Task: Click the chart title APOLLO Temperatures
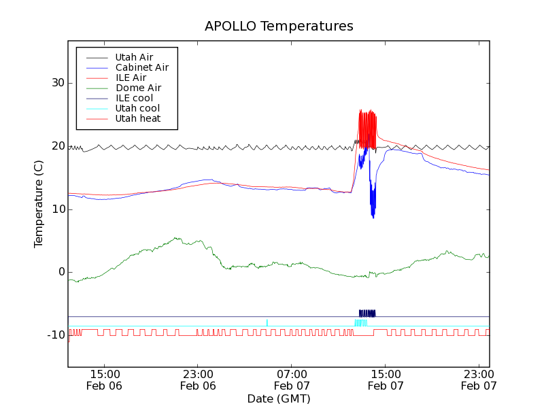tap(279, 27)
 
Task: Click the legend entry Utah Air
tap(134, 57)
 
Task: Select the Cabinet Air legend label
tap(141, 67)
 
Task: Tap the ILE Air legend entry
tap(131, 78)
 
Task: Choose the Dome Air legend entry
tap(138, 88)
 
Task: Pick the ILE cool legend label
tap(134, 98)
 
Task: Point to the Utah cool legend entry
tap(137, 108)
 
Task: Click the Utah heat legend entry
tap(138, 118)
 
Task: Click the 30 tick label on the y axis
tap(56, 83)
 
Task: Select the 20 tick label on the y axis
tap(56, 146)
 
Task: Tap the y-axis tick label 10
tap(56, 209)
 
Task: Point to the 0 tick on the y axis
tap(61, 272)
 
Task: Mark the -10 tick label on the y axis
tap(54, 335)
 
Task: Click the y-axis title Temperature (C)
tap(39, 204)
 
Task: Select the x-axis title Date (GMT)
tap(279, 398)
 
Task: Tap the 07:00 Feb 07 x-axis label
tap(292, 379)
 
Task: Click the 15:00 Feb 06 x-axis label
tap(105, 379)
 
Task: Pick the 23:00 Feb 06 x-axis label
tap(198, 379)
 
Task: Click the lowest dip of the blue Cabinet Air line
tap(373, 216)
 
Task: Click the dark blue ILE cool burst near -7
tap(367, 313)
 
